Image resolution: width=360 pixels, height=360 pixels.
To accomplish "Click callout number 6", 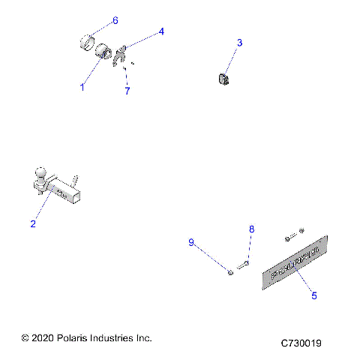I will click(x=115, y=19).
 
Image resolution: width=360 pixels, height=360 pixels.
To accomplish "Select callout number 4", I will click(x=160, y=31).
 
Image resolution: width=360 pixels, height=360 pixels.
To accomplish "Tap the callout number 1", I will click(x=82, y=87).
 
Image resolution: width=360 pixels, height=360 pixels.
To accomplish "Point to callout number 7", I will click(x=127, y=91).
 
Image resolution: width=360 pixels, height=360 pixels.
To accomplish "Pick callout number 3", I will click(x=239, y=43).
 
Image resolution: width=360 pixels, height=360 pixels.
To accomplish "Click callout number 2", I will click(x=33, y=223).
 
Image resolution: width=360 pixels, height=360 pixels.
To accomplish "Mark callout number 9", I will click(x=191, y=241).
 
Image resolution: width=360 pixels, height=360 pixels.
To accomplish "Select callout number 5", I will click(x=313, y=295).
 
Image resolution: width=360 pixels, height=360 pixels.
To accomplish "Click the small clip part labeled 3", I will click(x=223, y=79).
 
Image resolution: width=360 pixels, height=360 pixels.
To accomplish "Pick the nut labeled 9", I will click(x=230, y=272).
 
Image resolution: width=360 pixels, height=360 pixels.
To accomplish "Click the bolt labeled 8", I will click(x=241, y=264).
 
